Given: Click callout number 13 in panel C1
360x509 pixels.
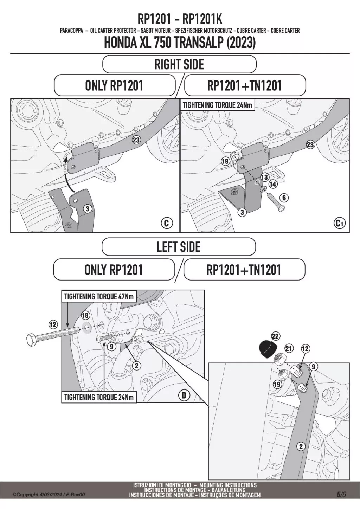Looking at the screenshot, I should coord(264,177).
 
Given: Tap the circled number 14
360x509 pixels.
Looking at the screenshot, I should coord(273,184).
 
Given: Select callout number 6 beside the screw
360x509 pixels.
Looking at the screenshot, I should coord(284,198).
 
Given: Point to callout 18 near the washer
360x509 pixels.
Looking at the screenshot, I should coord(85,315).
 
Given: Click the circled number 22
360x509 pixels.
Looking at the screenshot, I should coord(275,336).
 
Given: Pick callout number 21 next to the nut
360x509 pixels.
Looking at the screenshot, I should coord(289,349).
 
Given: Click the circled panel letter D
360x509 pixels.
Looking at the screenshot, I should coord(184,395).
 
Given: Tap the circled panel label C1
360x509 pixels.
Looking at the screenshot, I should coord(340,223).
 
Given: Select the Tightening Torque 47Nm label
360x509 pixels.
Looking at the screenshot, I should coord(99,297).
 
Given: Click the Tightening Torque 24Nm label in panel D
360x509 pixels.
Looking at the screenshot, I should coord(99,398).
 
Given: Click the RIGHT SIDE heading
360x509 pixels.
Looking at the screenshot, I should coord(179,64).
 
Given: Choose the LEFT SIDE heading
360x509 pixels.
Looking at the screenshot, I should coord(178,247).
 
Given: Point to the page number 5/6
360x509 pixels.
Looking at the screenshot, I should coord(341,494).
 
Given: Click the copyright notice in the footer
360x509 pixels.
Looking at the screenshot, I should coord(49,495).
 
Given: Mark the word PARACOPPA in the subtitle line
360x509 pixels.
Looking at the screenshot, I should coord(71,31).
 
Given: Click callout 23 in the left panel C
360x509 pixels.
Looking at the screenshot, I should coord(136,140).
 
